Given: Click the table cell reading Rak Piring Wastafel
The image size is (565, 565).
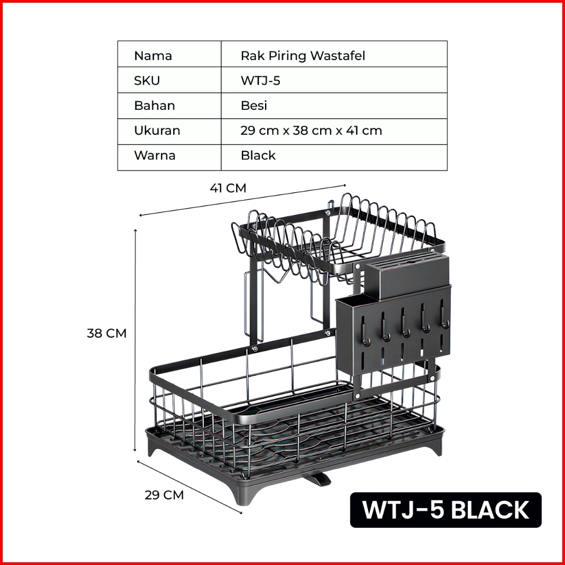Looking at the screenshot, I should tap(303, 55).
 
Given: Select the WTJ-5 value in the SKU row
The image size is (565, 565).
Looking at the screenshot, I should tap(261, 81).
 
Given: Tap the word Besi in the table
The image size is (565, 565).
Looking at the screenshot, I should tap(254, 105).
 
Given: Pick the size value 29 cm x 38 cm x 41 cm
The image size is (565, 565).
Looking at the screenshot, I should tap(311, 131).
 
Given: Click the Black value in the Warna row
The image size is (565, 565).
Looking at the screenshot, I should tap(258, 155).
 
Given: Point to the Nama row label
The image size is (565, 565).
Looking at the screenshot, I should tap(153, 55).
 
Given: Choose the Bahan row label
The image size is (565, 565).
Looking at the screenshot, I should tap(155, 105).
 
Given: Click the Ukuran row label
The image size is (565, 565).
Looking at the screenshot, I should tap(157, 131).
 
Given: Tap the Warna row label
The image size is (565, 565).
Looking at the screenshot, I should tap(155, 155).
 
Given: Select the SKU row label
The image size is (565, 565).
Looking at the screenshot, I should tap(147, 81).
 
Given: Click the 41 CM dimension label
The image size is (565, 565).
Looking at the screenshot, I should tap(228, 189).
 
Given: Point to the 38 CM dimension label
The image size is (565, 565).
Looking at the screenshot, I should tap(107, 333).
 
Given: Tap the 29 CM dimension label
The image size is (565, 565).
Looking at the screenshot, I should tap(164, 496).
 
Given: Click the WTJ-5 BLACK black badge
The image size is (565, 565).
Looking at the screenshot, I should tap(445, 510).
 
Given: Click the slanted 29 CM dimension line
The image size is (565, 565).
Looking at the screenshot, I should tap(189, 486).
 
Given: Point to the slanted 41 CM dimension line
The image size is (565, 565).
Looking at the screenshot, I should tap(243, 199).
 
